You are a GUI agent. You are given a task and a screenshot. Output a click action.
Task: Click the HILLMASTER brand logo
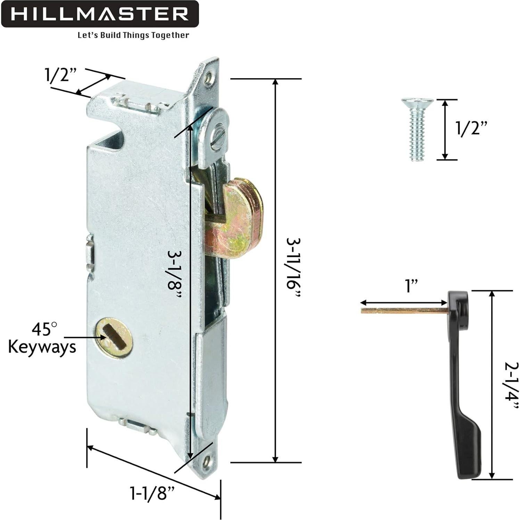[99, 14]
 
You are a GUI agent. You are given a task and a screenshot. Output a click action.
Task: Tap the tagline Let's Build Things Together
[133, 35]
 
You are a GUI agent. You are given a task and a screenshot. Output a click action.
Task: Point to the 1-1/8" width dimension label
[151, 493]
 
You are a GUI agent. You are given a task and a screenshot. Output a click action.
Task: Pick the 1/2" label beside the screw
[472, 129]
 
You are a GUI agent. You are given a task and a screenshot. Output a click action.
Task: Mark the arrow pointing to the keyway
[83, 337]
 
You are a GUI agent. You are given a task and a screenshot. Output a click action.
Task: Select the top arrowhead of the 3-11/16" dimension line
[275, 82]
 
